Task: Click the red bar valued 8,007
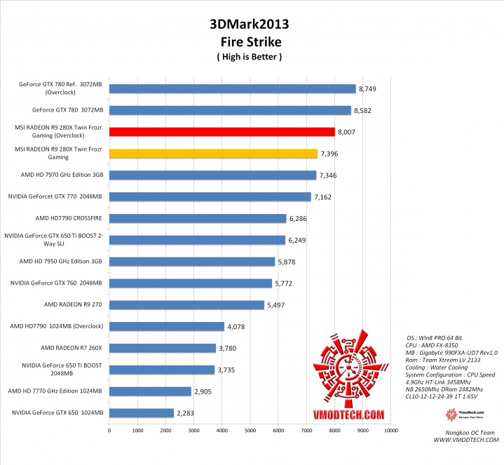tap(222, 132)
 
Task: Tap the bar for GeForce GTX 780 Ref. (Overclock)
tap(232, 89)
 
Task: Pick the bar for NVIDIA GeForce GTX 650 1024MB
tap(141, 413)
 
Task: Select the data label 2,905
tap(205, 391)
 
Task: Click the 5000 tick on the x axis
tap(250, 430)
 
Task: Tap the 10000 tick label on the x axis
tap(390, 430)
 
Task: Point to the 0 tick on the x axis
tap(109, 430)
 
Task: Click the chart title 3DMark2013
tap(250, 25)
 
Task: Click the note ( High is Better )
tap(250, 57)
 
